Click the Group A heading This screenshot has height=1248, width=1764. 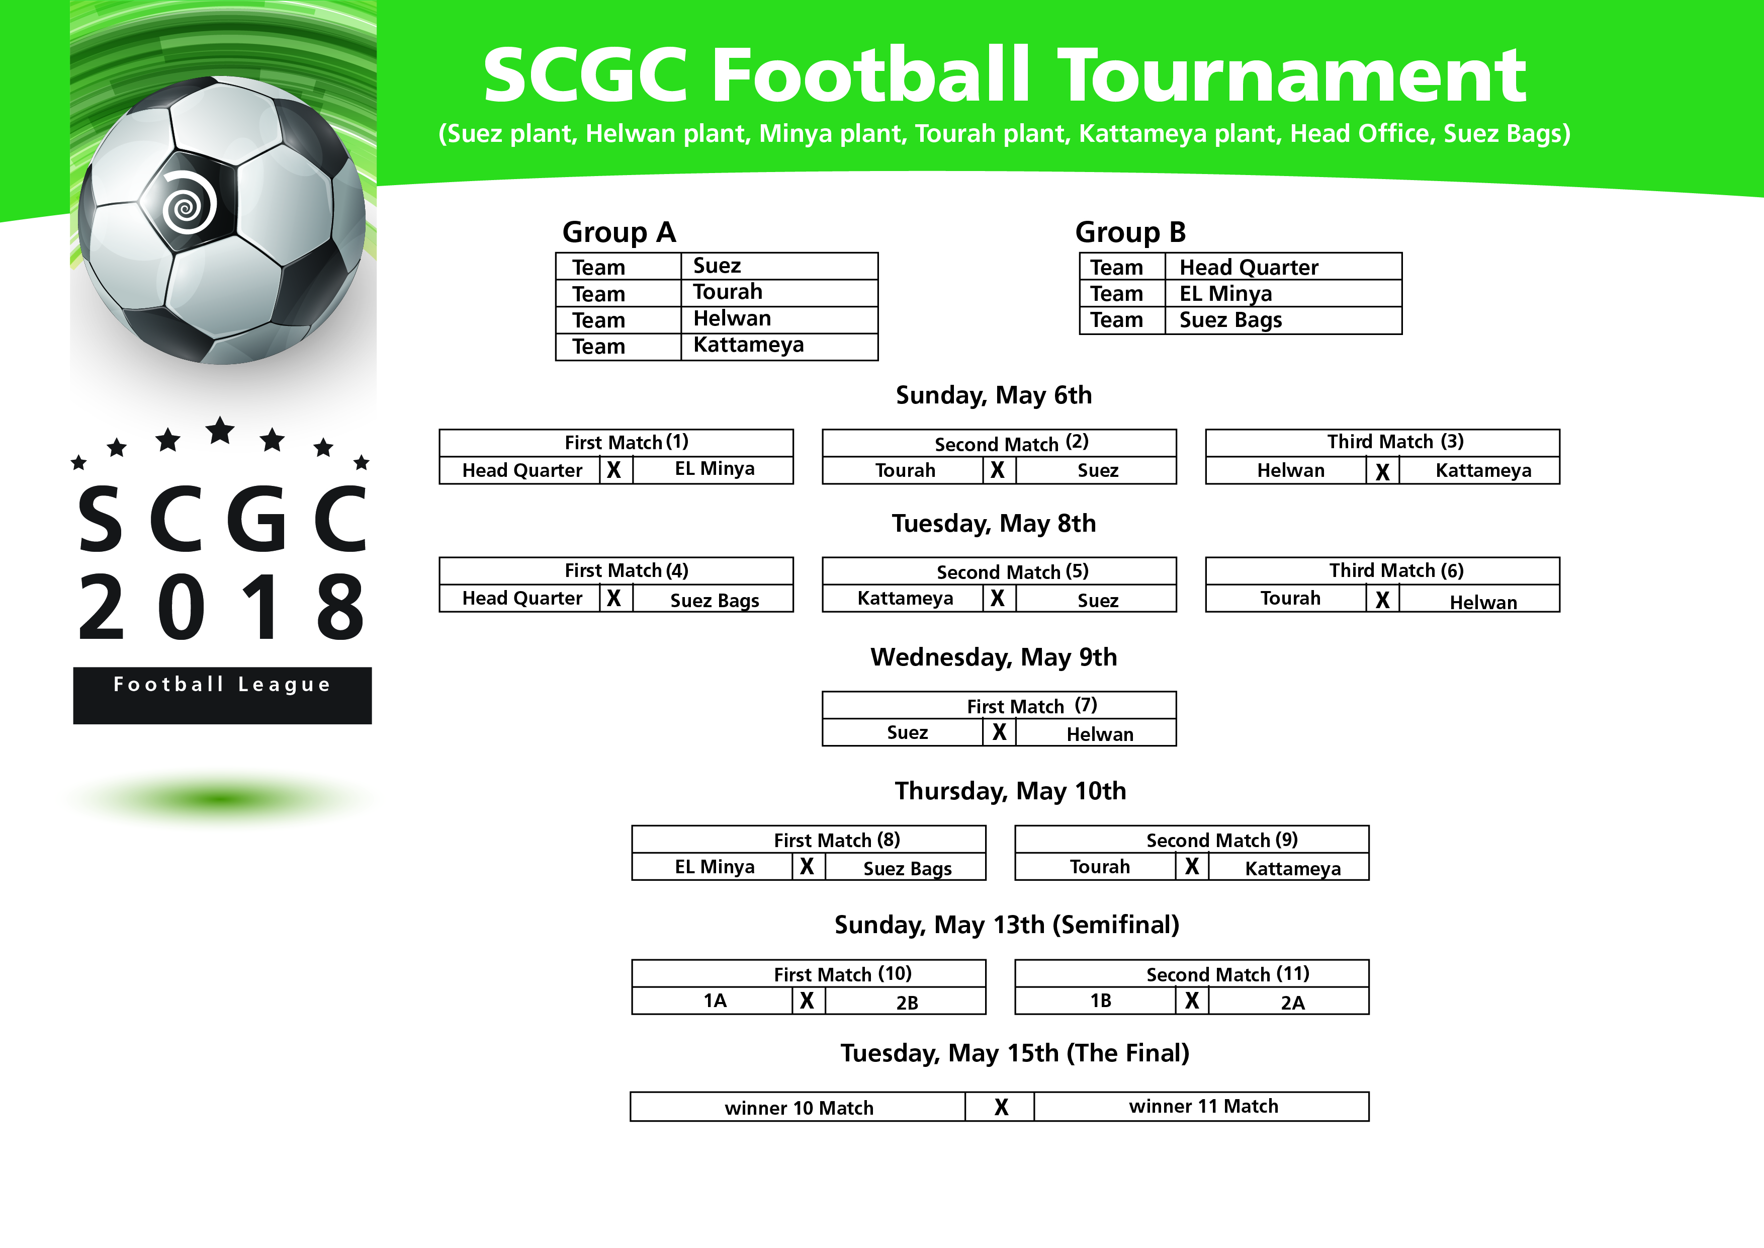(619, 232)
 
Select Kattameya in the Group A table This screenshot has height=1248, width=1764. (748, 345)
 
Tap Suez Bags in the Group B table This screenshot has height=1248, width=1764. (1231, 320)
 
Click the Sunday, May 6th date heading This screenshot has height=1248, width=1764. (994, 395)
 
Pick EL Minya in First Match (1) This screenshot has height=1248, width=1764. (715, 469)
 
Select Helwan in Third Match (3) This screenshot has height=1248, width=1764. (1291, 470)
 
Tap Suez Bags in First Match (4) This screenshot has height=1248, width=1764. (715, 600)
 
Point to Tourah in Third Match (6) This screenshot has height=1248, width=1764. (1291, 598)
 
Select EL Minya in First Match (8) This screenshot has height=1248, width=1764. (715, 867)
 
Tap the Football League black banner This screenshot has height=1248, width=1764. (223, 696)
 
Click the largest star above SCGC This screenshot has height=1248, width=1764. (220, 431)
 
